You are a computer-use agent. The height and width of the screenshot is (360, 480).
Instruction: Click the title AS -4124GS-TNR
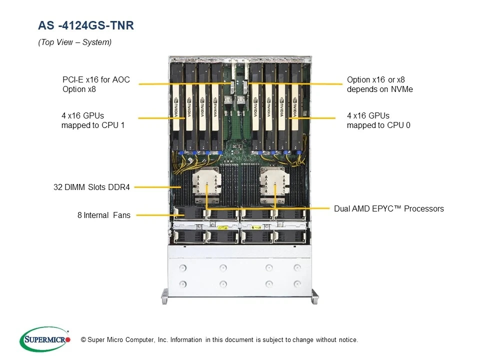(x=86, y=25)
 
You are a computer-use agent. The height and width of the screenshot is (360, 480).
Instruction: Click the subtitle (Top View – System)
(x=74, y=42)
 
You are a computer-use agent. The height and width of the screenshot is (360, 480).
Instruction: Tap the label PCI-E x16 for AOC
(x=96, y=79)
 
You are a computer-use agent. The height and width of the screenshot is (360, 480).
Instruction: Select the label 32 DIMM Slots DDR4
(x=91, y=187)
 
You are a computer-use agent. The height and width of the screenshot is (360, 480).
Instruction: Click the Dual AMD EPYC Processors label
(x=388, y=208)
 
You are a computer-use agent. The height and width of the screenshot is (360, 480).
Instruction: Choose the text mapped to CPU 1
(x=92, y=125)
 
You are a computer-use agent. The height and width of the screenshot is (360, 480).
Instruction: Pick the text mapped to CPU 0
(x=378, y=125)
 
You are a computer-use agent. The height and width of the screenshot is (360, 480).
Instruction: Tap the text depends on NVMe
(x=379, y=89)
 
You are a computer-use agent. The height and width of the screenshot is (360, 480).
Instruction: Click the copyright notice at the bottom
(x=219, y=340)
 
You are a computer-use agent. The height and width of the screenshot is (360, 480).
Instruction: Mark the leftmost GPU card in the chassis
(x=177, y=105)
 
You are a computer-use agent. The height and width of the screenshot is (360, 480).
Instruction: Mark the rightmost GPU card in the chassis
(x=295, y=105)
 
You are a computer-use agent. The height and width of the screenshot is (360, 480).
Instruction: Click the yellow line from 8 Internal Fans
(x=155, y=215)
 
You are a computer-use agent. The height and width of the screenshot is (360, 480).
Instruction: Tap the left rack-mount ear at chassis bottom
(x=164, y=296)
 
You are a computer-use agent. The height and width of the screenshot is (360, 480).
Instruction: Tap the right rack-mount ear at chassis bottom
(x=314, y=296)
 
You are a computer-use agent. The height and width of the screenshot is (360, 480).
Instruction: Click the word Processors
(x=423, y=208)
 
